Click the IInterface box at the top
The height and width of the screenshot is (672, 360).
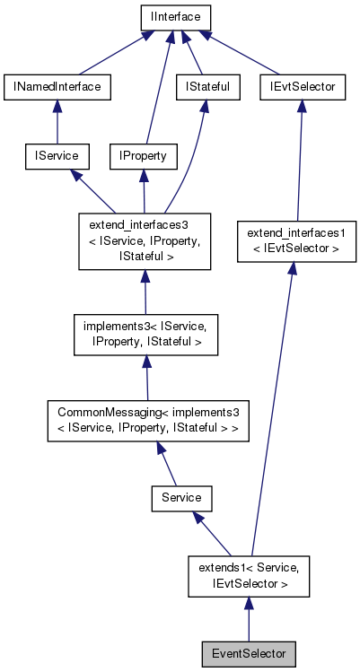click(x=175, y=17)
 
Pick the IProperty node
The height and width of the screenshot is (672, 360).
click(x=143, y=155)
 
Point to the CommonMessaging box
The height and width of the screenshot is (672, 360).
click(x=148, y=419)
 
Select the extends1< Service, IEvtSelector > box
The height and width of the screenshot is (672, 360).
click(x=249, y=575)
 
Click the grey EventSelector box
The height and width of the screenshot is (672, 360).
click(x=249, y=653)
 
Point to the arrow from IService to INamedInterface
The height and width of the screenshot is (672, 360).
click(x=57, y=121)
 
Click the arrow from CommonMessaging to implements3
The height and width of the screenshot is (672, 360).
click(x=146, y=377)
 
